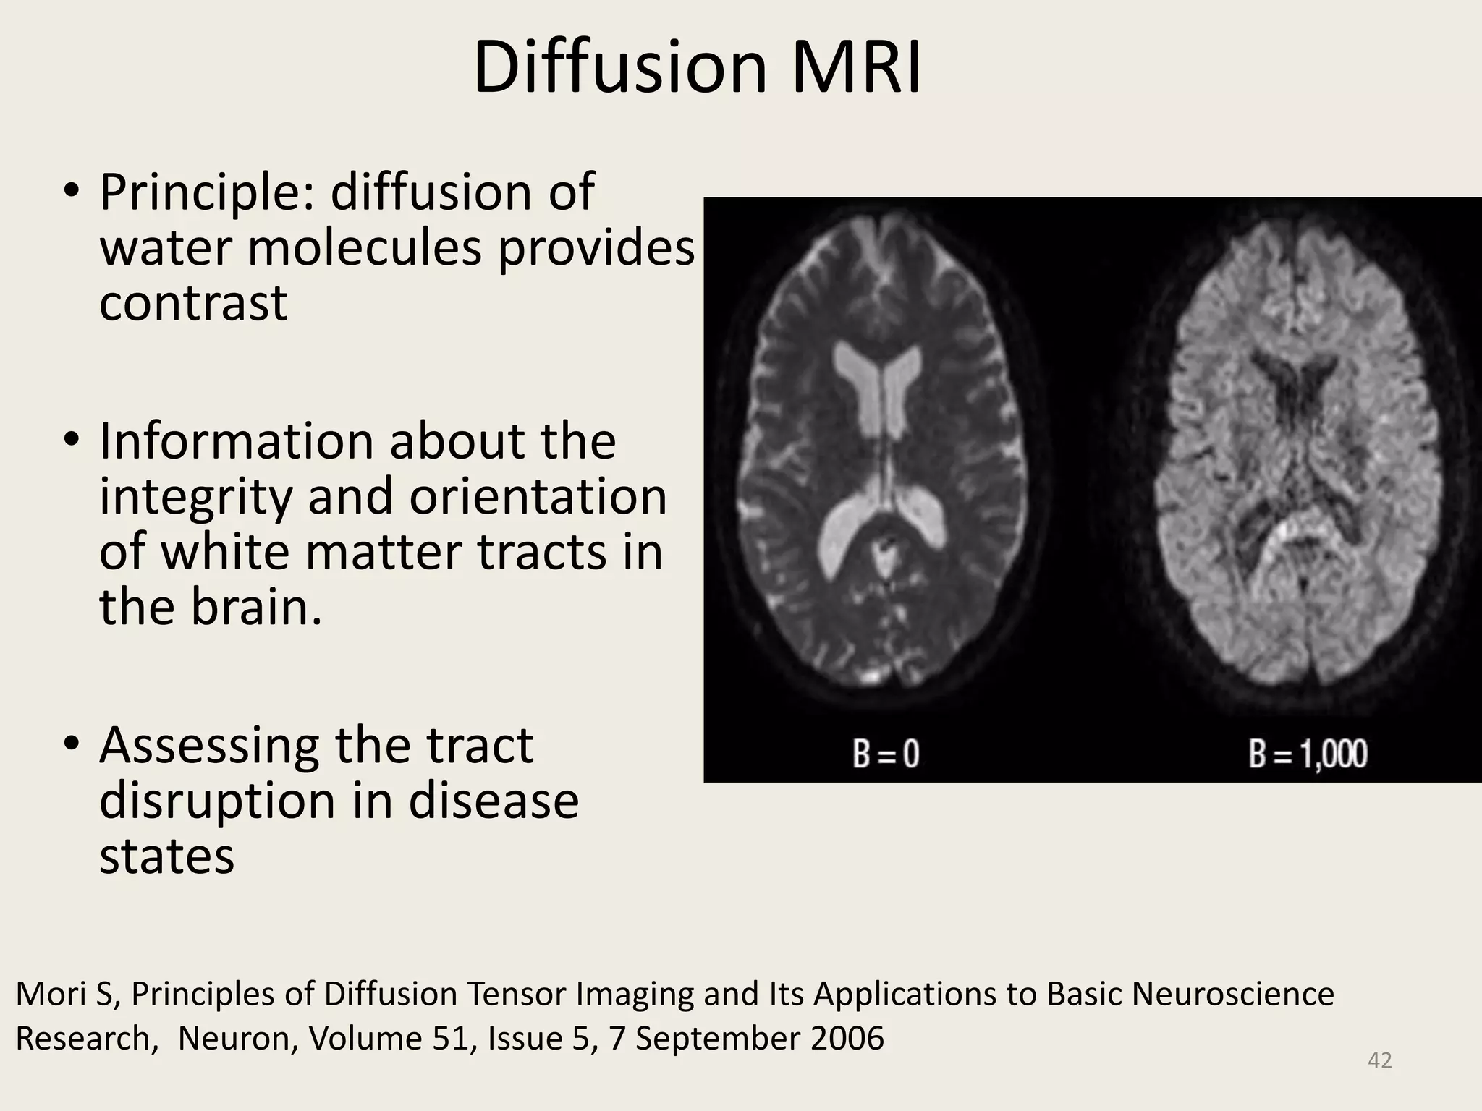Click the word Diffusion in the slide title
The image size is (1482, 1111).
[619, 69]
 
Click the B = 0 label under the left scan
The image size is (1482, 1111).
[885, 754]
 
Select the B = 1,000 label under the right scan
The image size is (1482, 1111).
[1308, 754]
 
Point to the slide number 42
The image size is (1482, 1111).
[1380, 1060]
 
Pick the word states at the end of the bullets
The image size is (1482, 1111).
[166, 856]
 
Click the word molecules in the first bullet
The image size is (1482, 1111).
[365, 248]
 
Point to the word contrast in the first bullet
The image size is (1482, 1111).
[193, 303]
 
